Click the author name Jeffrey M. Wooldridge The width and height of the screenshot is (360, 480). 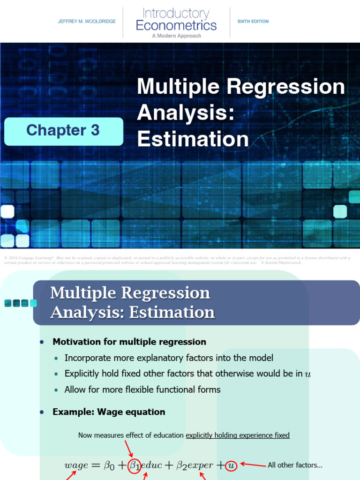87,22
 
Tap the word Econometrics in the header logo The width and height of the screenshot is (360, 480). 176,25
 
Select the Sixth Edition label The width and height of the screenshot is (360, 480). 253,22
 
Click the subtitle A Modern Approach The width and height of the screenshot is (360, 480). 176,36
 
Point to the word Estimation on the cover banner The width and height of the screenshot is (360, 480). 193,139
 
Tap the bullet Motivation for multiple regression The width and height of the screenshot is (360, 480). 129,342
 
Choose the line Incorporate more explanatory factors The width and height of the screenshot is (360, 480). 169,358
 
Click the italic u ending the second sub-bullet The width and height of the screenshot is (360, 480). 307,375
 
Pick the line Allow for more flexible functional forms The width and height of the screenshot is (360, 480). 142,390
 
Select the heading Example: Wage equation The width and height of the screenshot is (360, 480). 109,412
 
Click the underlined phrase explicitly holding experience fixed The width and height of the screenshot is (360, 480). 238,435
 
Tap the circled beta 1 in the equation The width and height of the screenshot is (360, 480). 134,465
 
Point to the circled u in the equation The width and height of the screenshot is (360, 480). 231,465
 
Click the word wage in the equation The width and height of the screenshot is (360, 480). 76,465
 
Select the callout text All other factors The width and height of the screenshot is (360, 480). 295,465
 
